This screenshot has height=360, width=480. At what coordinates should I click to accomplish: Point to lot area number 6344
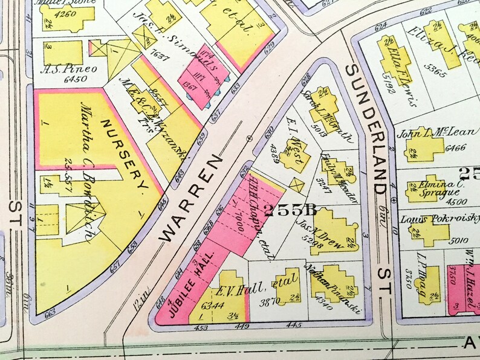(x=215, y=304)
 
